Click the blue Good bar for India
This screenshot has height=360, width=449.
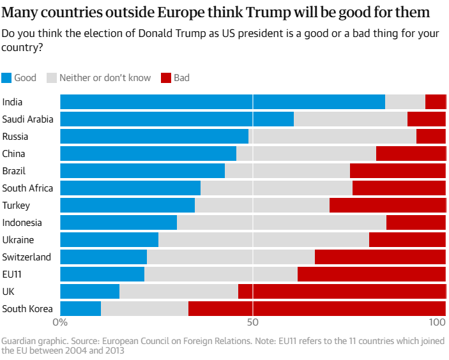click(222, 102)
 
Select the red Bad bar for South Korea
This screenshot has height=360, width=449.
click(317, 308)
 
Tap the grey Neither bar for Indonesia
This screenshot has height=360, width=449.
click(282, 222)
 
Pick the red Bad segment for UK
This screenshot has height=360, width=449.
click(342, 291)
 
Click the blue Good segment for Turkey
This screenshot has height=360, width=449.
click(128, 205)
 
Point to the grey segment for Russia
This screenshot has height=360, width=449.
click(333, 136)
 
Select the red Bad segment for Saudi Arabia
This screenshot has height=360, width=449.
click(427, 119)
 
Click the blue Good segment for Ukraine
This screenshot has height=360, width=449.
click(109, 239)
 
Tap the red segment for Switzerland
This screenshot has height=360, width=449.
click(380, 257)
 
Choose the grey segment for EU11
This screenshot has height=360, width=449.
click(221, 274)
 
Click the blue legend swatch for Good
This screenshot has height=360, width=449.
click(6, 78)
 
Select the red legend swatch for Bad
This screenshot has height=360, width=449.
click(166, 78)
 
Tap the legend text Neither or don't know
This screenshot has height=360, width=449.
click(105, 78)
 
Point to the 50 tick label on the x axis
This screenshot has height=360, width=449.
click(252, 322)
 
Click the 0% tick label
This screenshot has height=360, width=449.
click(60, 322)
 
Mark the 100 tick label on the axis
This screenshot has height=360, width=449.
click(437, 322)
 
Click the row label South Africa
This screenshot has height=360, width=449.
click(27, 188)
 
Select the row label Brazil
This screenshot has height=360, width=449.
click(14, 171)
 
